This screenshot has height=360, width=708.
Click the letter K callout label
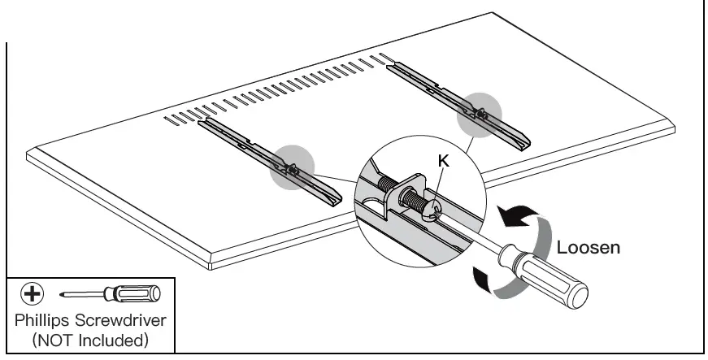point(443,162)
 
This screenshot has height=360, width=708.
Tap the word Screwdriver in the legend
point(125,318)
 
